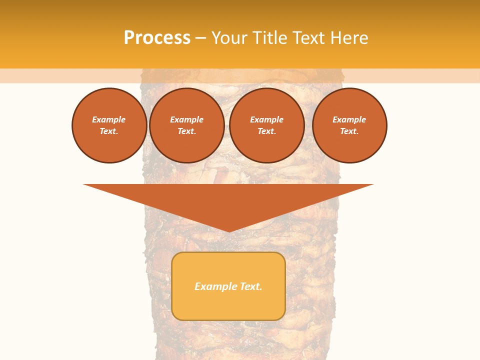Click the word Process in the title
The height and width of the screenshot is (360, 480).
click(x=157, y=38)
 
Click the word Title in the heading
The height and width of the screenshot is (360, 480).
click(x=270, y=38)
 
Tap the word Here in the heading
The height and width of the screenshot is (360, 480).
click(x=349, y=38)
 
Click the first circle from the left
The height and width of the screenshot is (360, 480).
click(x=109, y=125)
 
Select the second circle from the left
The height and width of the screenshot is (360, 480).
click(x=186, y=125)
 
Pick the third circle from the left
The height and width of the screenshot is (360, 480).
click(x=266, y=125)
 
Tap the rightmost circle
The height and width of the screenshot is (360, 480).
click(x=349, y=125)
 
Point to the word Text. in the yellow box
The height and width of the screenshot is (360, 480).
click(x=250, y=286)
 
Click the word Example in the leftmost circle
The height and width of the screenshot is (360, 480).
click(x=109, y=119)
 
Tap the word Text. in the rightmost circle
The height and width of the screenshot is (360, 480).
click(x=349, y=131)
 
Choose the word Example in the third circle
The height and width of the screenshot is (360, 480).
click(x=266, y=119)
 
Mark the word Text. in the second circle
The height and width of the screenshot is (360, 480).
click(x=186, y=131)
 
